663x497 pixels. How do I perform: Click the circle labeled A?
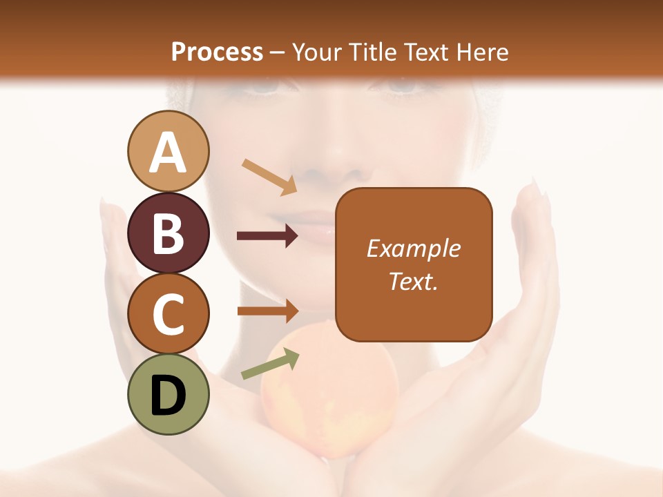pyautogui.click(x=168, y=151)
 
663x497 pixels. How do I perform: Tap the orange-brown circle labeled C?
pyautogui.click(x=168, y=314)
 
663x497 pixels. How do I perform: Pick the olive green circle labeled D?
pyautogui.click(x=168, y=395)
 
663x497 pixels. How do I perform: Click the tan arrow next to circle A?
pyautogui.click(x=269, y=176)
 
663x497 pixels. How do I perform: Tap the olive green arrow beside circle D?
pyautogui.click(x=270, y=364)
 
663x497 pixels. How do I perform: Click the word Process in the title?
pyautogui.click(x=217, y=52)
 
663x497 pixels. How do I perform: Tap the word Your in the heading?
pyautogui.click(x=316, y=52)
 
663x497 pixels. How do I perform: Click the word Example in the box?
pyautogui.click(x=414, y=248)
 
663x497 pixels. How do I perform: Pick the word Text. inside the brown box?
pyautogui.click(x=414, y=281)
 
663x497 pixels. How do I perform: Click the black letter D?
pyautogui.click(x=168, y=396)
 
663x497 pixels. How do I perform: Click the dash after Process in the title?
pyautogui.click(x=278, y=53)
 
